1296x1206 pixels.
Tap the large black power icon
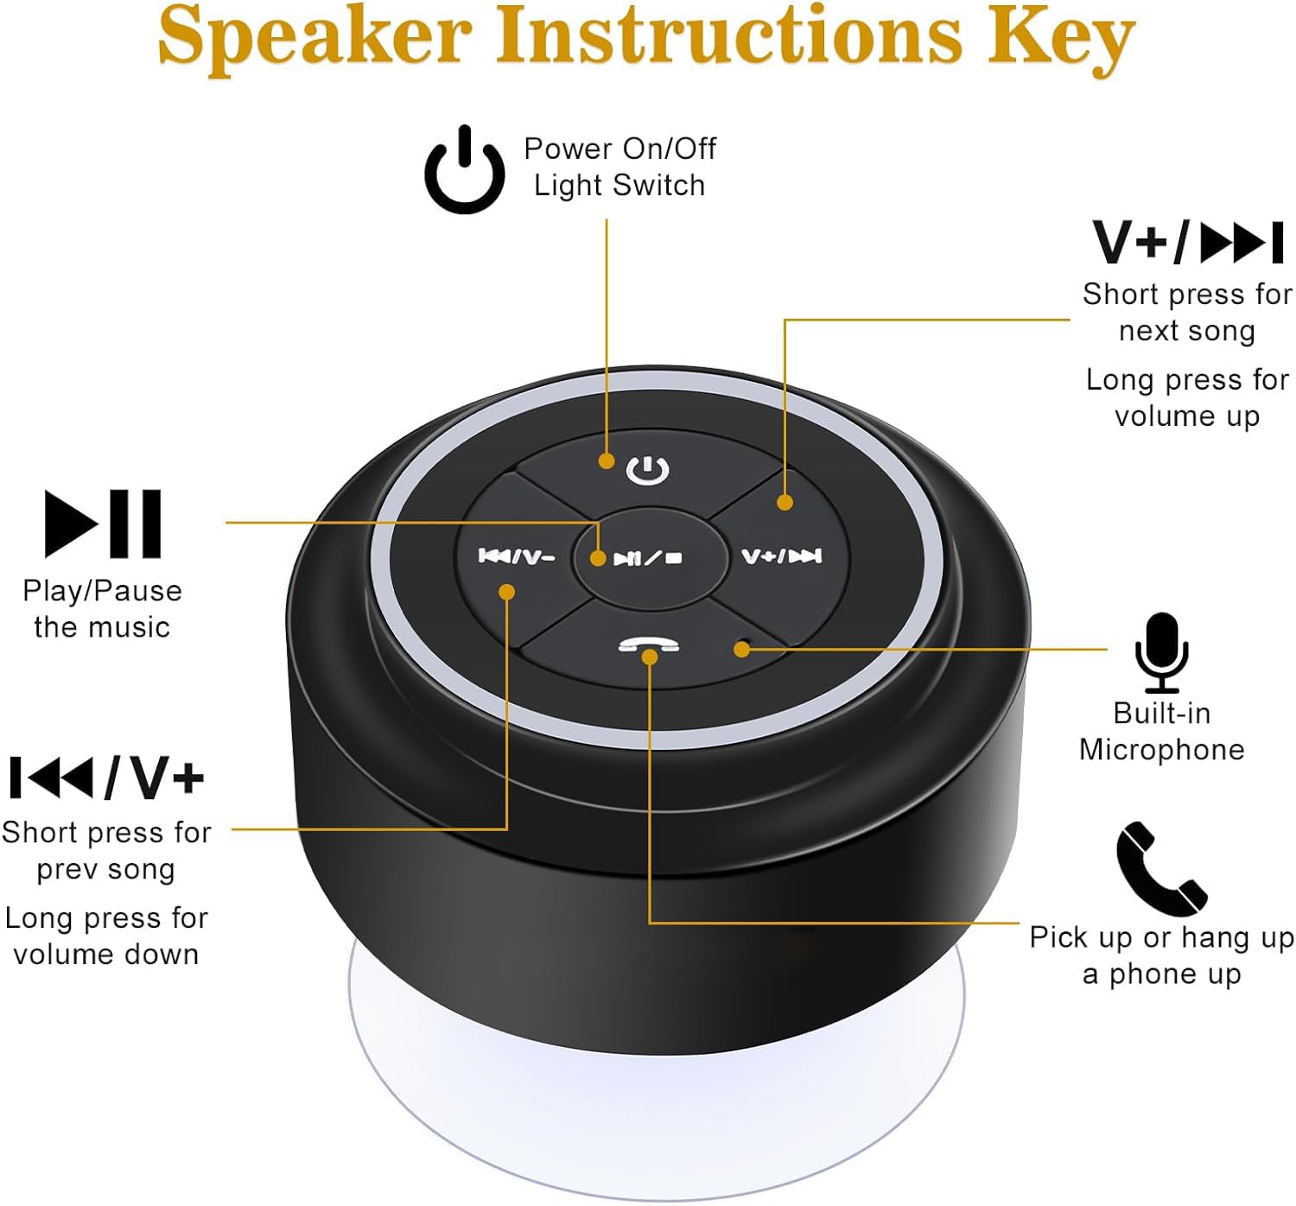tap(465, 170)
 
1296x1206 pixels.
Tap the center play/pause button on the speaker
tap(647, 558)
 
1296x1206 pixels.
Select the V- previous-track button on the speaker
tap(517, 556)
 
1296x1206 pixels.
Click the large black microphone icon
tap(1161, 653)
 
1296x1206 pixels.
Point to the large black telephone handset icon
tap(1160, 868)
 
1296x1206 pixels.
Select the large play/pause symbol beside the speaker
tap(103, 524)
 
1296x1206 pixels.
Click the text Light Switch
tap(619, 186)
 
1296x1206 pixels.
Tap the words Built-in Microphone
tap(1161, 732)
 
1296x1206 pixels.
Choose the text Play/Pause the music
tap(102, 609)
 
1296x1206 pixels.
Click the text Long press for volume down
tap(105, 936)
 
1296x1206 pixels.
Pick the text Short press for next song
tap(1186, 312)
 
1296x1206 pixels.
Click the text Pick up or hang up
tap(1161, 937)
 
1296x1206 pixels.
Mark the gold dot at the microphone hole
tap(741, 649)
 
